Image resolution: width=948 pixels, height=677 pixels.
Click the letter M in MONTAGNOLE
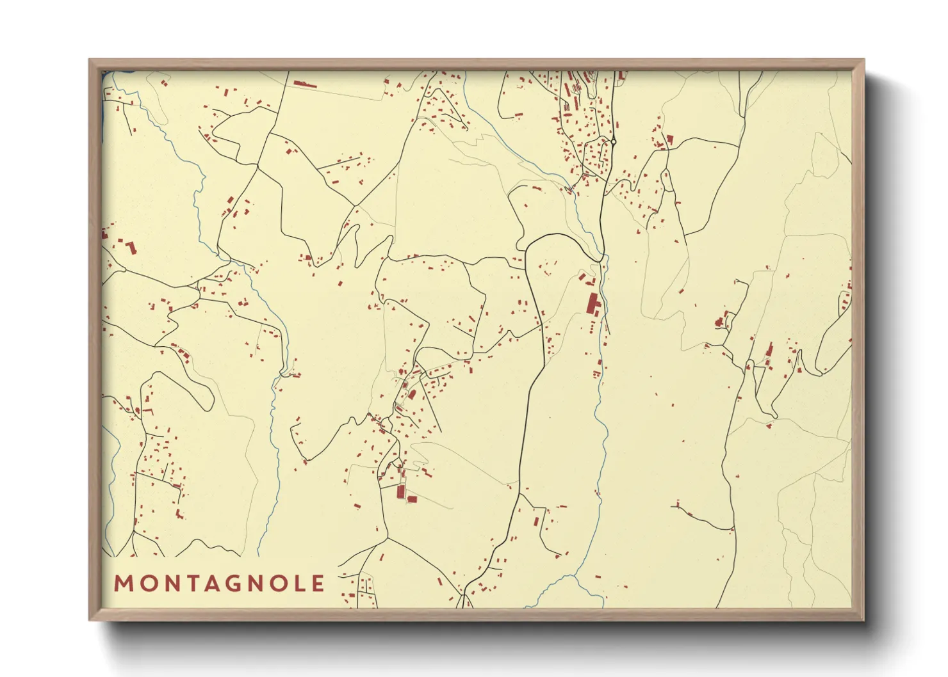(x=123, y=584)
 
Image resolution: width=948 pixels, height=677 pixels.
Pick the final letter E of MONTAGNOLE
(x=318, y=584)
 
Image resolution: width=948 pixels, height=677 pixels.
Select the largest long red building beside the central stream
(x=592, y=303)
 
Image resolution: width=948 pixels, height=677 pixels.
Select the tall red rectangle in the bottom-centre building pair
(x=401, y=491)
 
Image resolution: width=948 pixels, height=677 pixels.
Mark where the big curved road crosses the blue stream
(x=603, y=257)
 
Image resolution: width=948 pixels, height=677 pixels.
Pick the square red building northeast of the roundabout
(x=670, y=139)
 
